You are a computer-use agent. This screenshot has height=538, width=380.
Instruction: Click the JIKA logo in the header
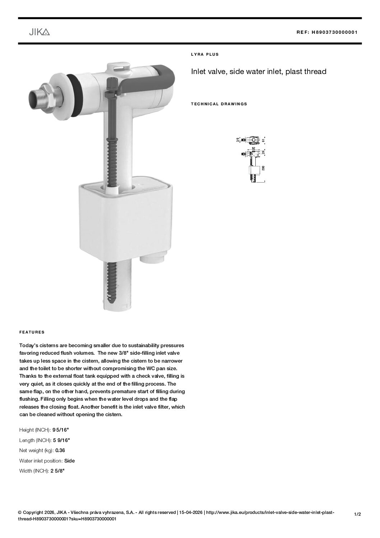point(39,32)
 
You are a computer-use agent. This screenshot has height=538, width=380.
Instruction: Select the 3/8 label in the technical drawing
point(238,139)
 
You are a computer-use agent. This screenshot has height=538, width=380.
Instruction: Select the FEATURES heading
point(32,332)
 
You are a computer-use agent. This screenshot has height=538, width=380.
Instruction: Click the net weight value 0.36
point(60,450)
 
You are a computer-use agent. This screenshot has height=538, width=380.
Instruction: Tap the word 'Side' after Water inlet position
point(69,461)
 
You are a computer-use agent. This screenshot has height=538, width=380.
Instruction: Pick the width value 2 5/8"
point(57,471)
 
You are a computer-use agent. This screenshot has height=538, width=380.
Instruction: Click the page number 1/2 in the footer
point(357,514)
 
